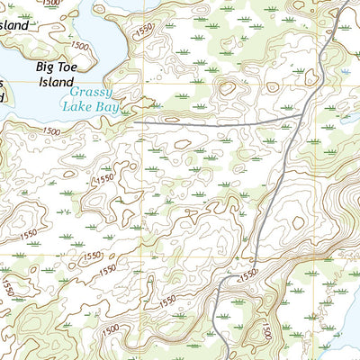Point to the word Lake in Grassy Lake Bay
[77, 105]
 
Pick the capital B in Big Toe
[40, 66]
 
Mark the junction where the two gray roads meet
[301, 115]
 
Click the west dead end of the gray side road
[137, 116]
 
